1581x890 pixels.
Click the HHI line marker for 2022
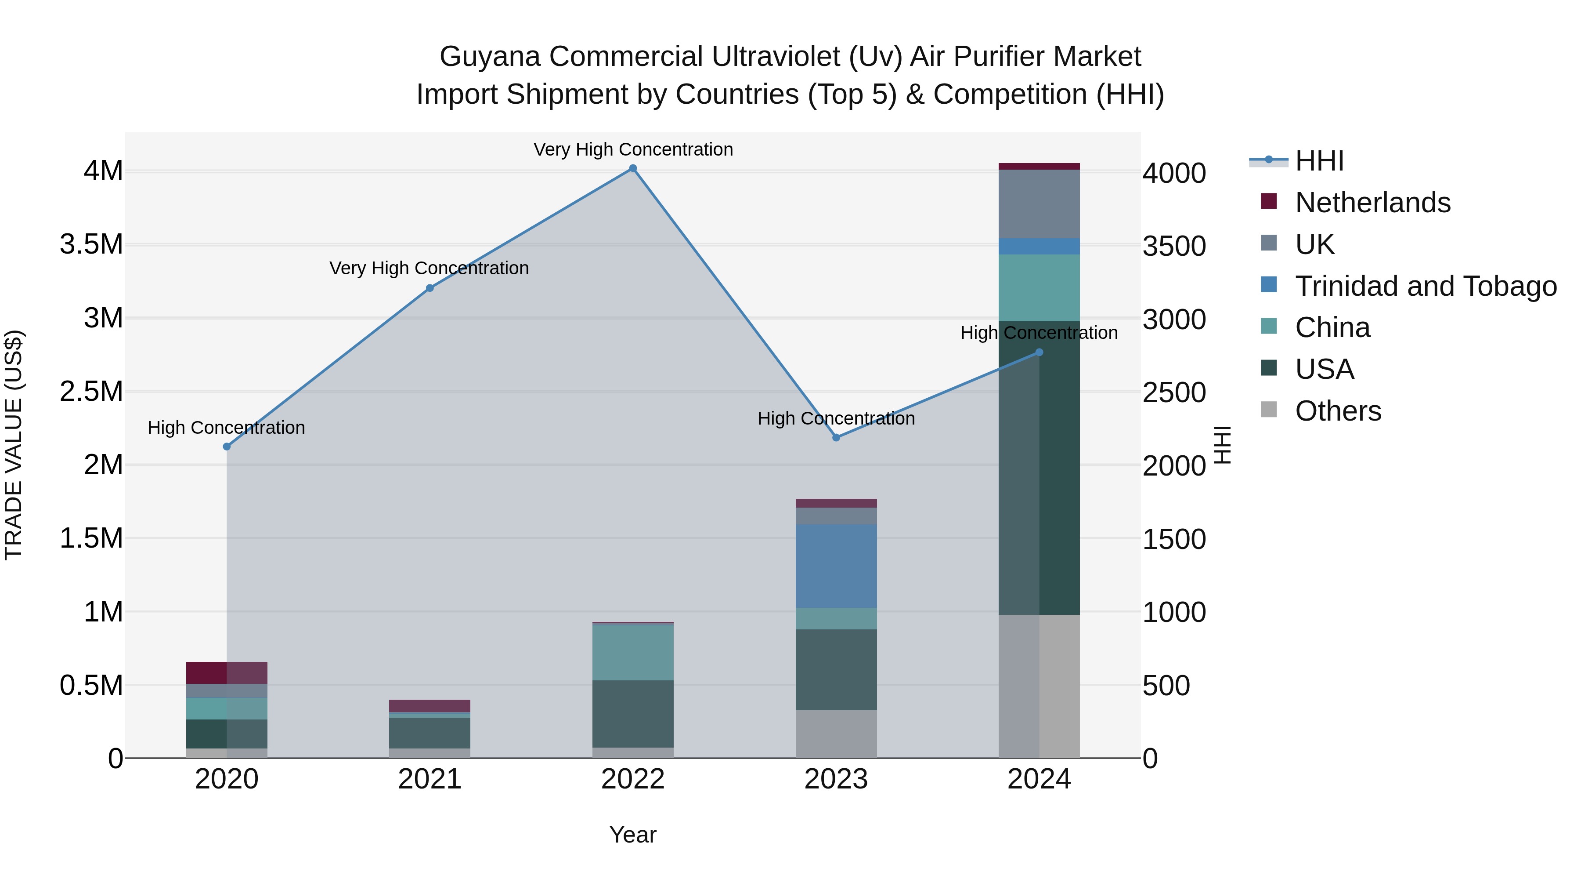click(x=633, y=168)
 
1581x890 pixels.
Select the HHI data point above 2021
click(x=430, y=288)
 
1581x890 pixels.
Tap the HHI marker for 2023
click(x=836, y=437)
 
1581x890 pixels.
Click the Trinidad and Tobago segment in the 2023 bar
click(x=836, y=566)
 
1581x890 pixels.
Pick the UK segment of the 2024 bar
click(x=1039, y=204)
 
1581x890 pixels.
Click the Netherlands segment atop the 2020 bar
click(x=227, y=672)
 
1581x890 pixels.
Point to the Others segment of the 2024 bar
click(x=1039, y=686)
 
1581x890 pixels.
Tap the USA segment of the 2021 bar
click(x=430, y=733)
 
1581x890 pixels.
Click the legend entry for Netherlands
click(x=1372, y=203)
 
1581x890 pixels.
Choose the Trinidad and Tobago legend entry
click(x=1425, y=286)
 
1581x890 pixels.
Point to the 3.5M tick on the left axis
click(x=91, y=244)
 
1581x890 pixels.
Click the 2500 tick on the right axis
click(x=1174, y=392)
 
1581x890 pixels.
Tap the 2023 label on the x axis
click(x=836, y=779)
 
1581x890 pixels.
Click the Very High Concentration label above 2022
click(x=633, y=149)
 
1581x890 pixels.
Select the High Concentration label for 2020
click(x=227, y=428)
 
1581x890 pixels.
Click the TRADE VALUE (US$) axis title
click(x=14, y=445)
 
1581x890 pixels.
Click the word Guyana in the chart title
click(x=489, y=57)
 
